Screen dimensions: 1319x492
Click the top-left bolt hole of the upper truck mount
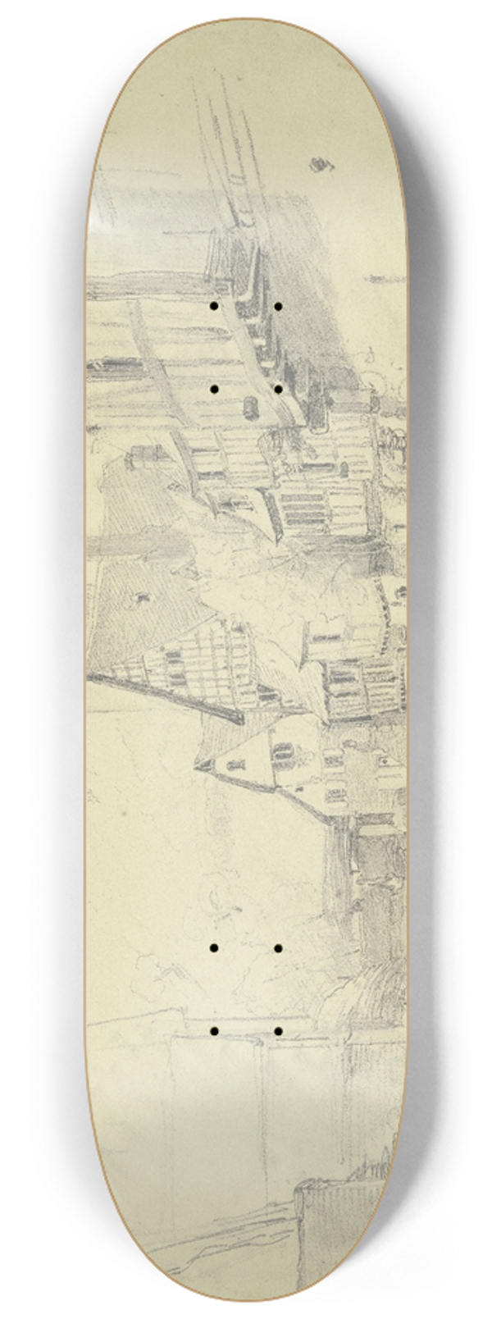213,307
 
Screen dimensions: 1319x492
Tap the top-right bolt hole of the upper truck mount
279,307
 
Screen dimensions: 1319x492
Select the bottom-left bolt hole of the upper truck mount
213,389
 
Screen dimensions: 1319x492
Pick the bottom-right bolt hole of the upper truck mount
279,389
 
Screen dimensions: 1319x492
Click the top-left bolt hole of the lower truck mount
213,948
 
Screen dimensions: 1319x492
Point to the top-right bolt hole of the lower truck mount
279,948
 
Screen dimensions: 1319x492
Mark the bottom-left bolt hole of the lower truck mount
213,1030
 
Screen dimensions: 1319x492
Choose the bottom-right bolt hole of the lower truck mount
279,1030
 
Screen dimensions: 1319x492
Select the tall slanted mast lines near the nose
217,131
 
